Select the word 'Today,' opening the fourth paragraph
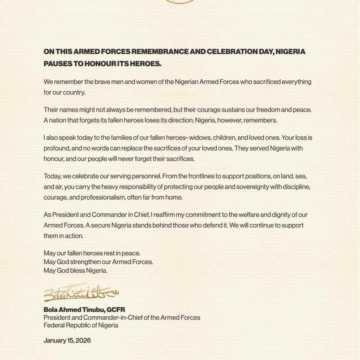[51, 176]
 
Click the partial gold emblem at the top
[180, 5]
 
